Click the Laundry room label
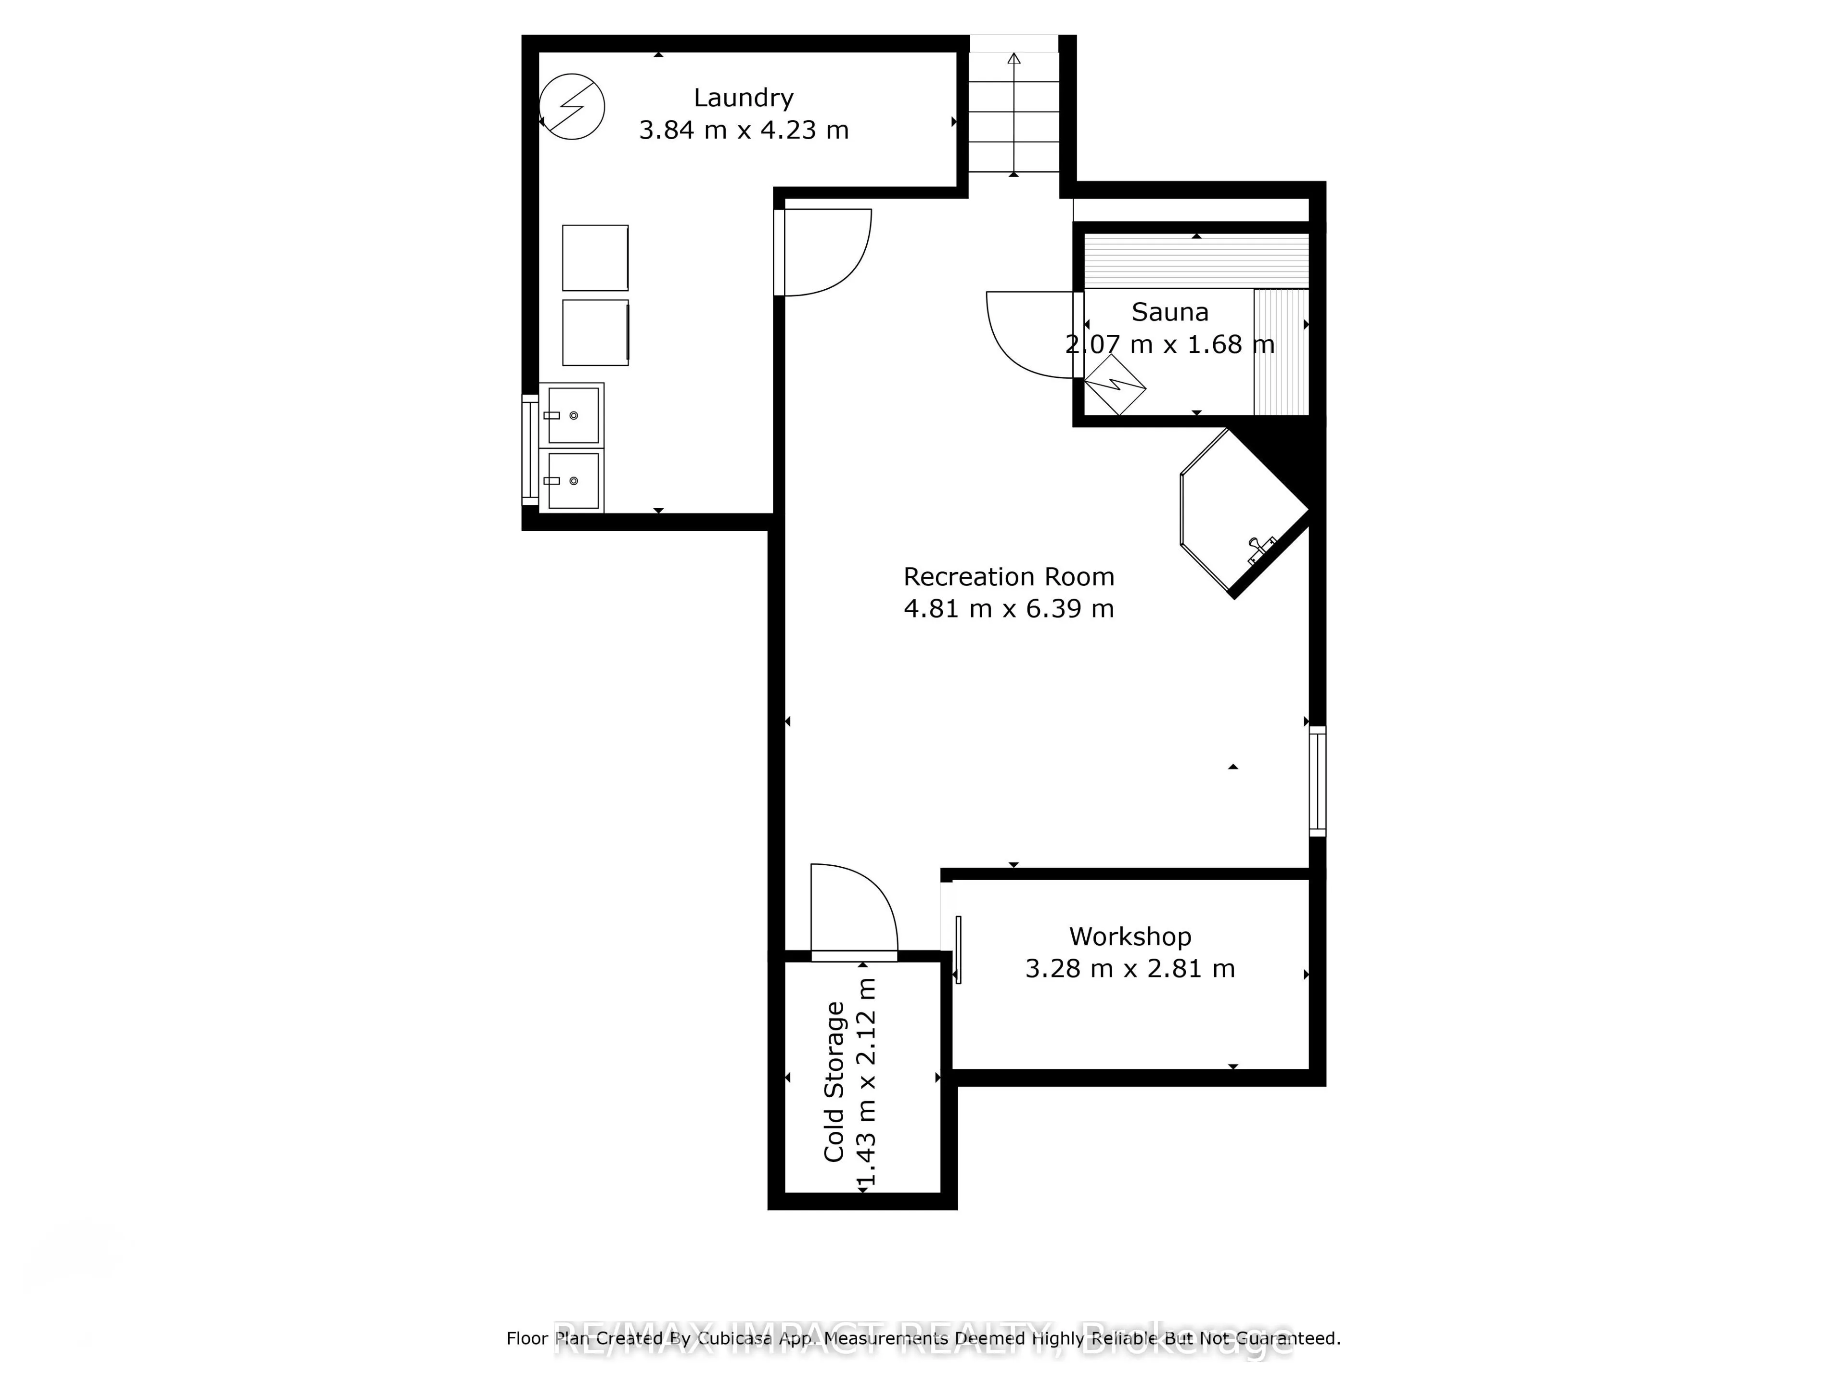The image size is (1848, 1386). pos(743,98)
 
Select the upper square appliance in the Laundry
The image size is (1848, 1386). pos(595,257)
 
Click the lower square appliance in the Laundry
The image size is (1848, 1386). pos(595,333)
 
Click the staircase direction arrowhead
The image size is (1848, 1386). pos(1014,59)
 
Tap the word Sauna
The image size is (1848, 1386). pos(1169,312)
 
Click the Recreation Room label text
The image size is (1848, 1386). pos(1008,577)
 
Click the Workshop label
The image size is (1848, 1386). pos(1129,937)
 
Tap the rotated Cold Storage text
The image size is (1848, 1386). pos(834,1082)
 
